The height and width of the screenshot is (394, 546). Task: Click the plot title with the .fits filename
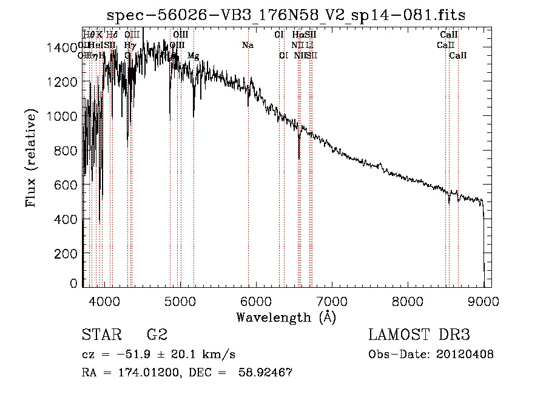(x=286, y=15)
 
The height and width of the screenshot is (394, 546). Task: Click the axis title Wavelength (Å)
(x=286, y=318)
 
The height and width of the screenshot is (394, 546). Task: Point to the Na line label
(x=248, y=46)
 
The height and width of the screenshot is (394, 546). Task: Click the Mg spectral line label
(x=193, y=56)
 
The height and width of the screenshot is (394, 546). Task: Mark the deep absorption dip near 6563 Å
(x=299, y=155)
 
